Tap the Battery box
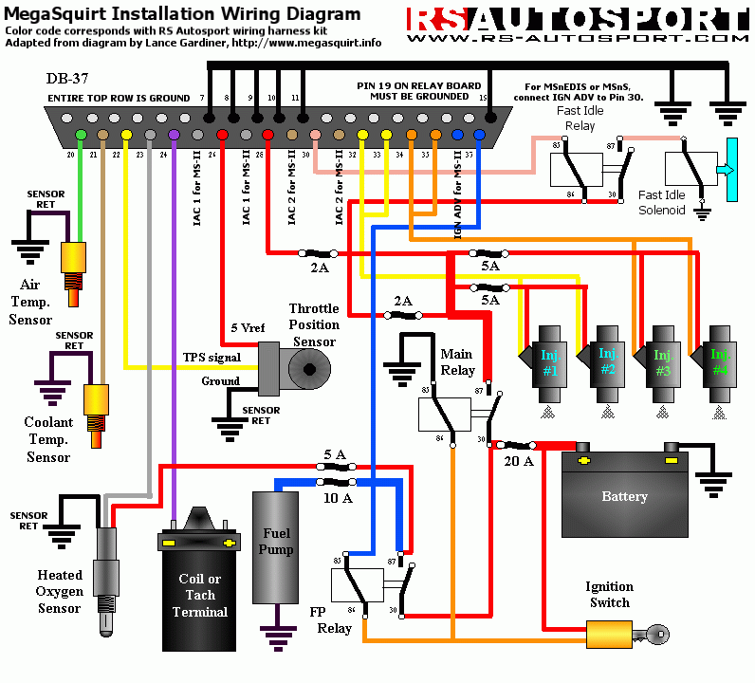pyautogui.click(x=624, y=495)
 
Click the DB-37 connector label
pyautogui.click(x=69, y=78)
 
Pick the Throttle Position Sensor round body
pyautogui.click(x=305, y=367)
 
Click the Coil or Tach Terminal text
pyautogui.click(x=200, y=596)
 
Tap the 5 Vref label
pyautogui.click(x=249, y=327)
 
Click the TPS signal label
pyautogui.click(x=212, y=358)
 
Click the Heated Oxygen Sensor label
pyautogui.click(x=59, y=591)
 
